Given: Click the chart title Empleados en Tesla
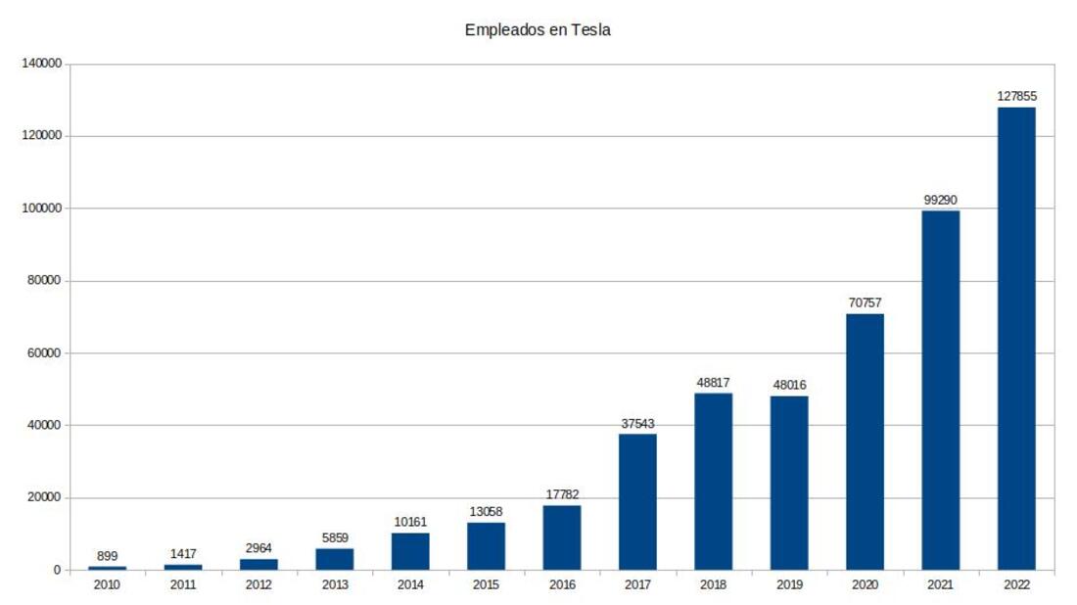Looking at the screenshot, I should pos(538,30).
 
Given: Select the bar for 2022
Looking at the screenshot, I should pos(1015,338).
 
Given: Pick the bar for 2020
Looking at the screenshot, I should pos(865,442).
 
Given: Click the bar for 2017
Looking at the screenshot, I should pos(637,501).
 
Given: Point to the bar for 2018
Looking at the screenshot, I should pos(713,481).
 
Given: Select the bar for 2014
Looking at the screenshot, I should pos(410,551).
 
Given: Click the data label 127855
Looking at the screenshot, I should pos(1015,97).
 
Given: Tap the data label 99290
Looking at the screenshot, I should pos(940,200).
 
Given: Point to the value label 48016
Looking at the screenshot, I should pos(789,385).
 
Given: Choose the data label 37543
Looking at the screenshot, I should pos(637,423).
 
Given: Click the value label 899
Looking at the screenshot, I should pos(108,555).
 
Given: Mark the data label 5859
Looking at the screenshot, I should pos(335,537).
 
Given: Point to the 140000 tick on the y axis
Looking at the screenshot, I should pos(42,64).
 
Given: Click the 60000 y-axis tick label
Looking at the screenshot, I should pos(45,352).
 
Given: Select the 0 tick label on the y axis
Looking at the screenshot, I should pos(58,570).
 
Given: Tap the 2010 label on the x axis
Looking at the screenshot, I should pos(108,585).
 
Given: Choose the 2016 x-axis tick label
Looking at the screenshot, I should pos(562,585).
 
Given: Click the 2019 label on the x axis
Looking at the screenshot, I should pos(789,585).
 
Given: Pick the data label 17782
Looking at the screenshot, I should pos(562,494).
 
